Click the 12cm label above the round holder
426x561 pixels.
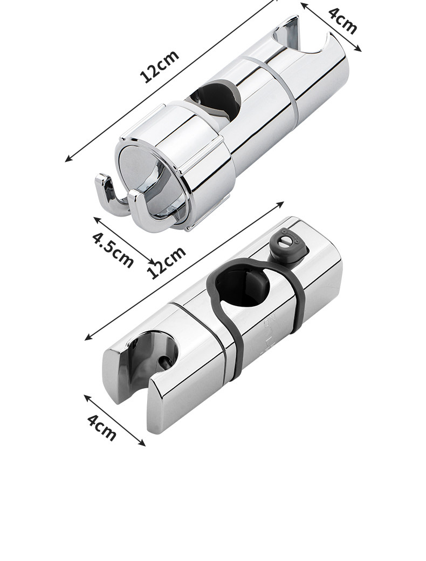pos(160,66)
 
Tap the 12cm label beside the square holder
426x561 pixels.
pos(167,262)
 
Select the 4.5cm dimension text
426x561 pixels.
pos(113,249)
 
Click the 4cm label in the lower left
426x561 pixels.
pos(102,428)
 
